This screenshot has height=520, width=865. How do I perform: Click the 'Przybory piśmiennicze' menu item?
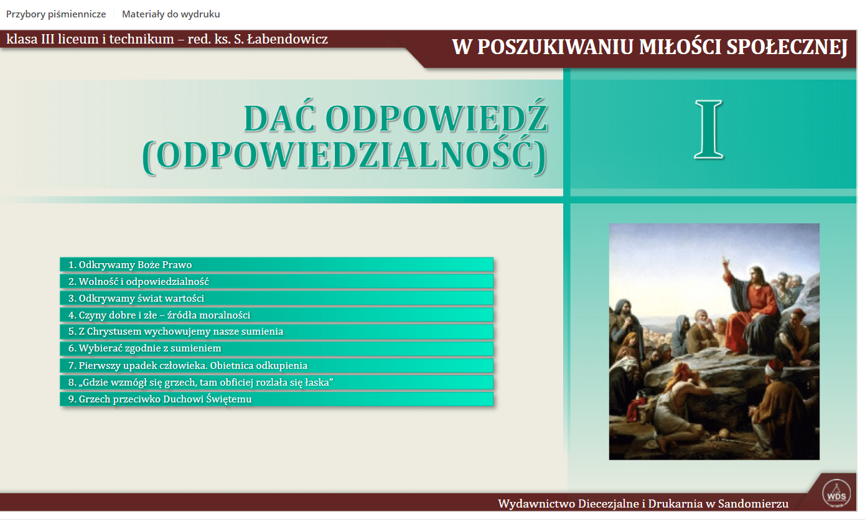(x=56, y=14)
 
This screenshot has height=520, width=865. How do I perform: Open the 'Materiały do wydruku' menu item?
(x=171, y=14)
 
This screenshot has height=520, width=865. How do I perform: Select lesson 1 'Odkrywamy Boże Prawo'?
(x=276, y=264)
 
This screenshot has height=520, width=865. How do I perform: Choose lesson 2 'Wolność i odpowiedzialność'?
(x=276, y=281)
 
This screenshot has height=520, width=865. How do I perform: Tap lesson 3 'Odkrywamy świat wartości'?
(x=276, y=298)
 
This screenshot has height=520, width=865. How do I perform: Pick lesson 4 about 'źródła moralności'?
(x=276, y=315)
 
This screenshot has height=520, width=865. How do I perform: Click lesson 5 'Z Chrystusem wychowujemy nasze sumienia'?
(x=276, y=332)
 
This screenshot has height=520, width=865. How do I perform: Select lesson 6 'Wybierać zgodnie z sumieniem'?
(x=276, y=348)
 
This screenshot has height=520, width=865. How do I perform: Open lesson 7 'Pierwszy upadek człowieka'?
(x=276, y=365)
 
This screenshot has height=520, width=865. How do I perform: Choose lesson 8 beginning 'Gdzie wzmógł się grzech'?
(x=276, y=382)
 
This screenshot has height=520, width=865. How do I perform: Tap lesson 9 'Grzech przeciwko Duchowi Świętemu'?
(x=276, y=399)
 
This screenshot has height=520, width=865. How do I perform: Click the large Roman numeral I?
(x=708, y=129)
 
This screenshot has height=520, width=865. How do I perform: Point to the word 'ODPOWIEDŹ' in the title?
(x=436, y=118)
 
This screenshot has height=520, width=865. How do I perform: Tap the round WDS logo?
(x=836, y=493)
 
